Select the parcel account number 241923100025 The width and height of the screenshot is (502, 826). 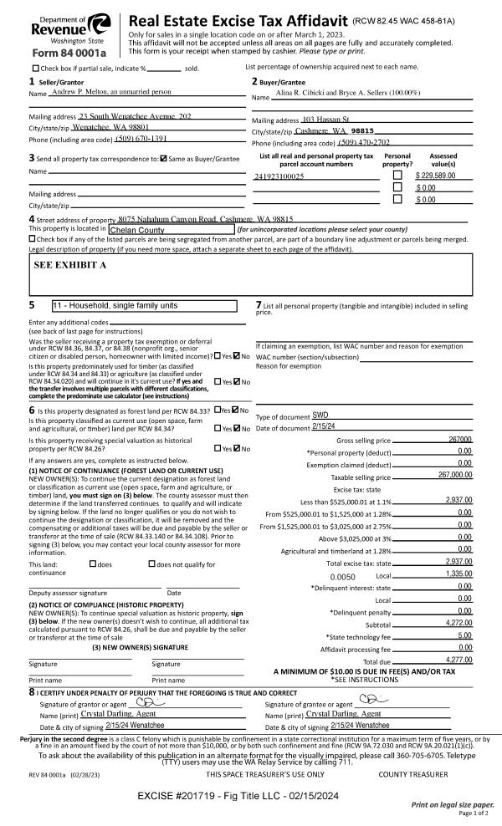279,176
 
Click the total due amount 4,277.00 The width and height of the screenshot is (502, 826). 455,660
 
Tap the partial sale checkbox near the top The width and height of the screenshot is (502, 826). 35,68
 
